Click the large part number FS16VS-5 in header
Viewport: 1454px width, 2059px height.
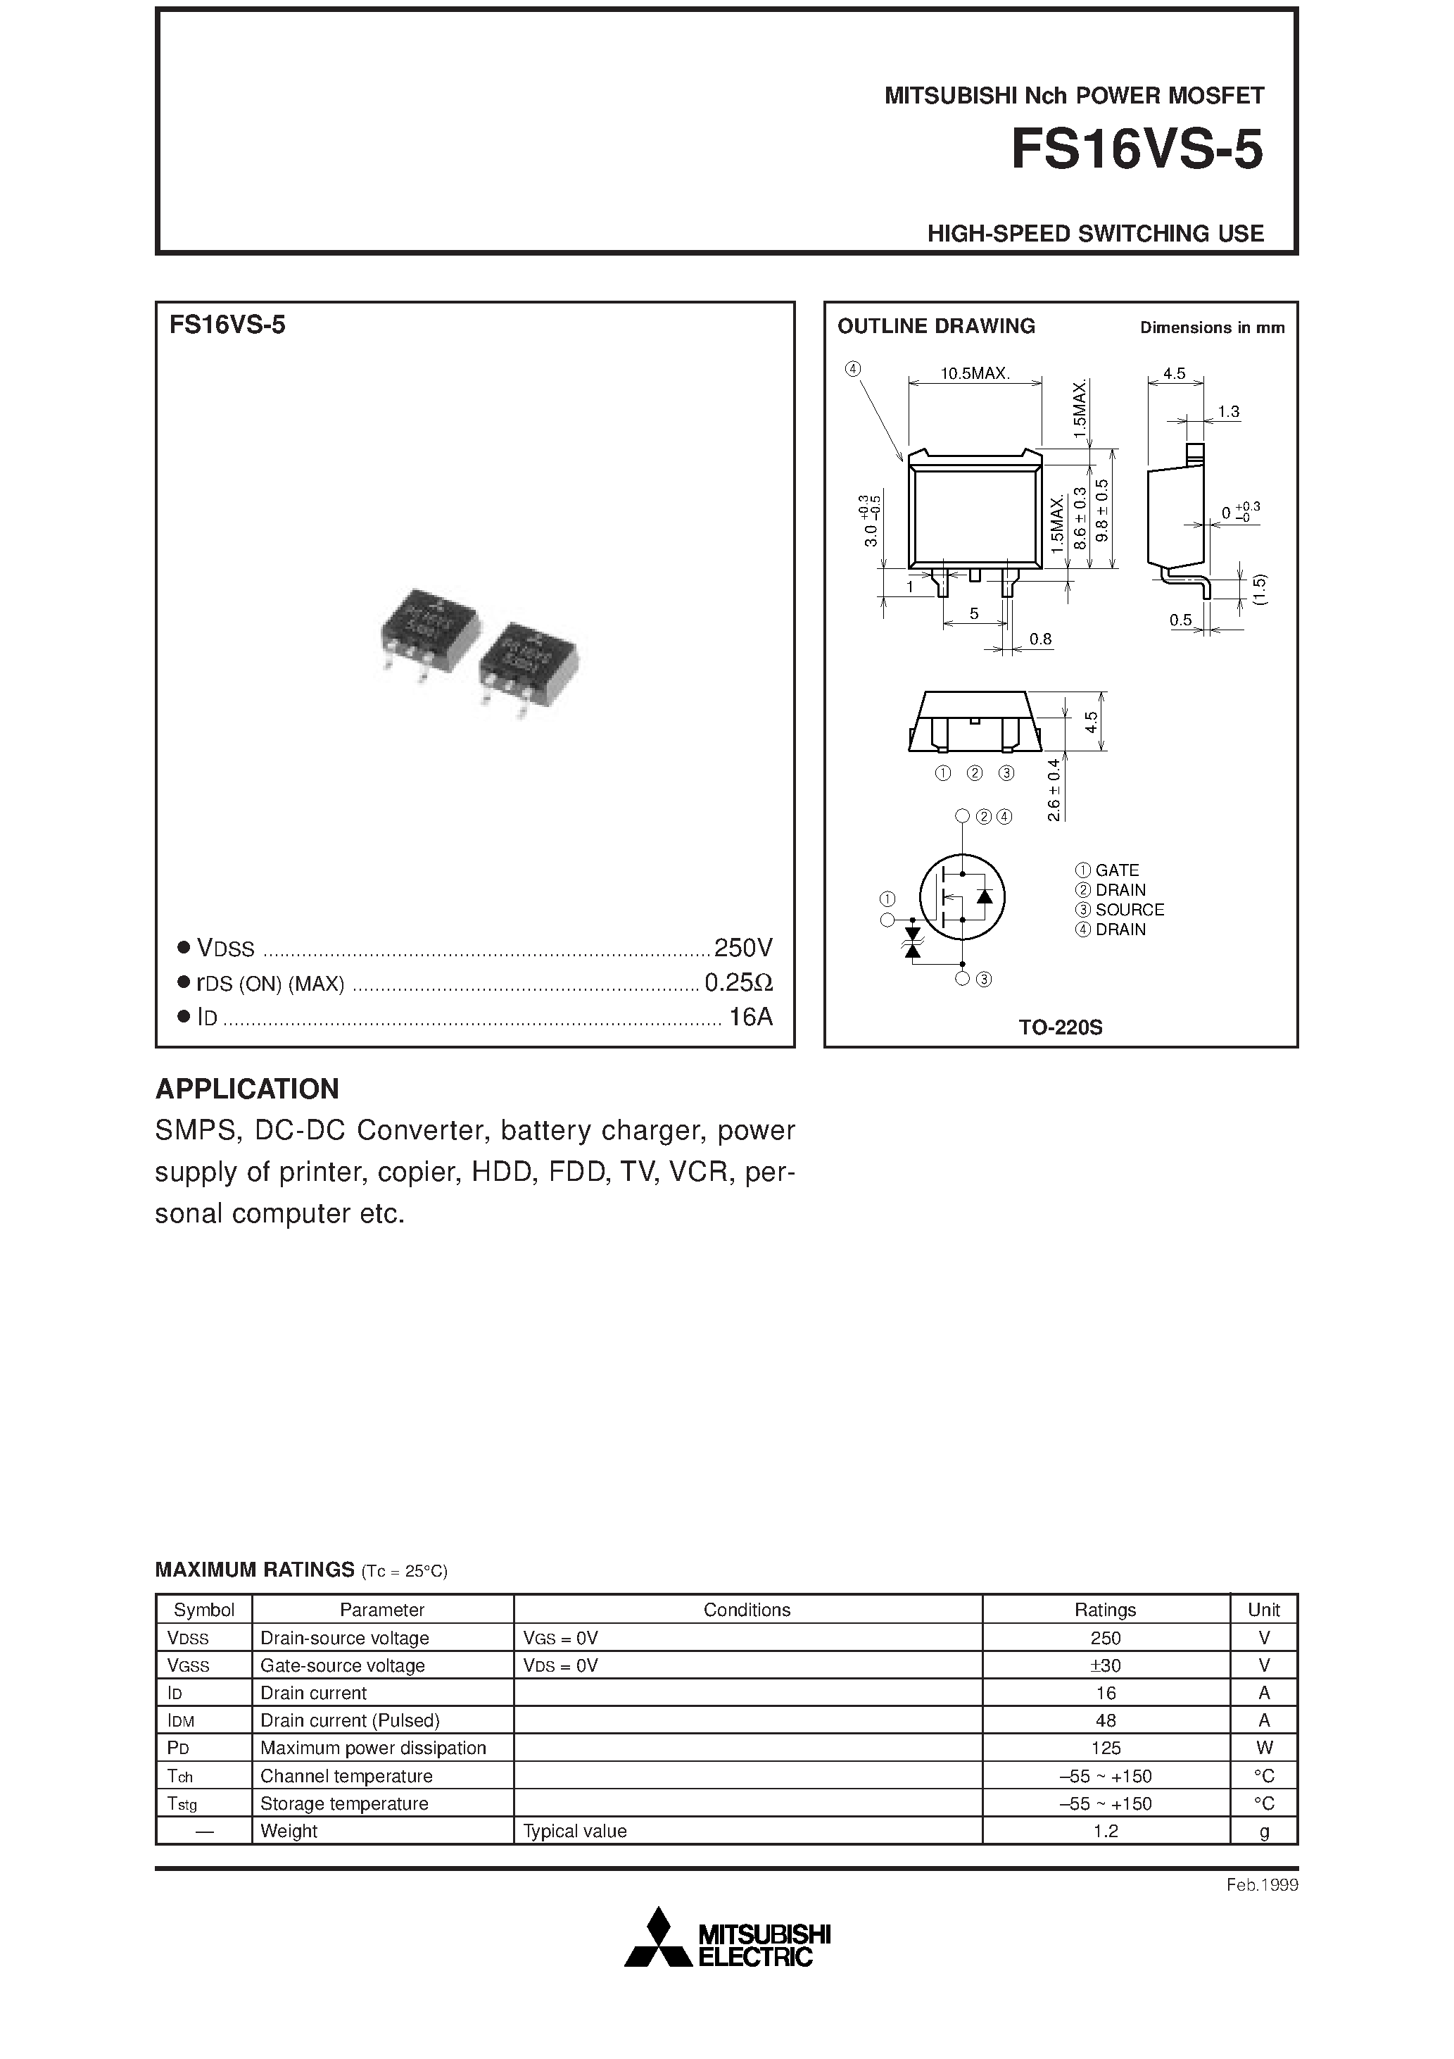pos(1136,150)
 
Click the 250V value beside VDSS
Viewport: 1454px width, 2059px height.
pos(743,947)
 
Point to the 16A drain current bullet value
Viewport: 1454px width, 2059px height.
pos(750,1017)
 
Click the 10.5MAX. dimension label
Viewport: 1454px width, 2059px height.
pos(975,374)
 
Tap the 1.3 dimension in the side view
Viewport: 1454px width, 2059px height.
pos(1228,412)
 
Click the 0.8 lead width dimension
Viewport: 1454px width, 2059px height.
pos(1040,639)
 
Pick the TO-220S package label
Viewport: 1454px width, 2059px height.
pos(1060,1027)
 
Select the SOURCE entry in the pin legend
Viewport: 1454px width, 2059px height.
pos(1129,909)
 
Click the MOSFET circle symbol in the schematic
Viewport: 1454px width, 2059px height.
pos(962,896)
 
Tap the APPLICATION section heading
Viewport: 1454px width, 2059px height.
pos(248,1089)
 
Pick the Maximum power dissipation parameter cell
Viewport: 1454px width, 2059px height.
pos(373,1748)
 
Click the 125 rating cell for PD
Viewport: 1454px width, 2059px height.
pos(1106,1748)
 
